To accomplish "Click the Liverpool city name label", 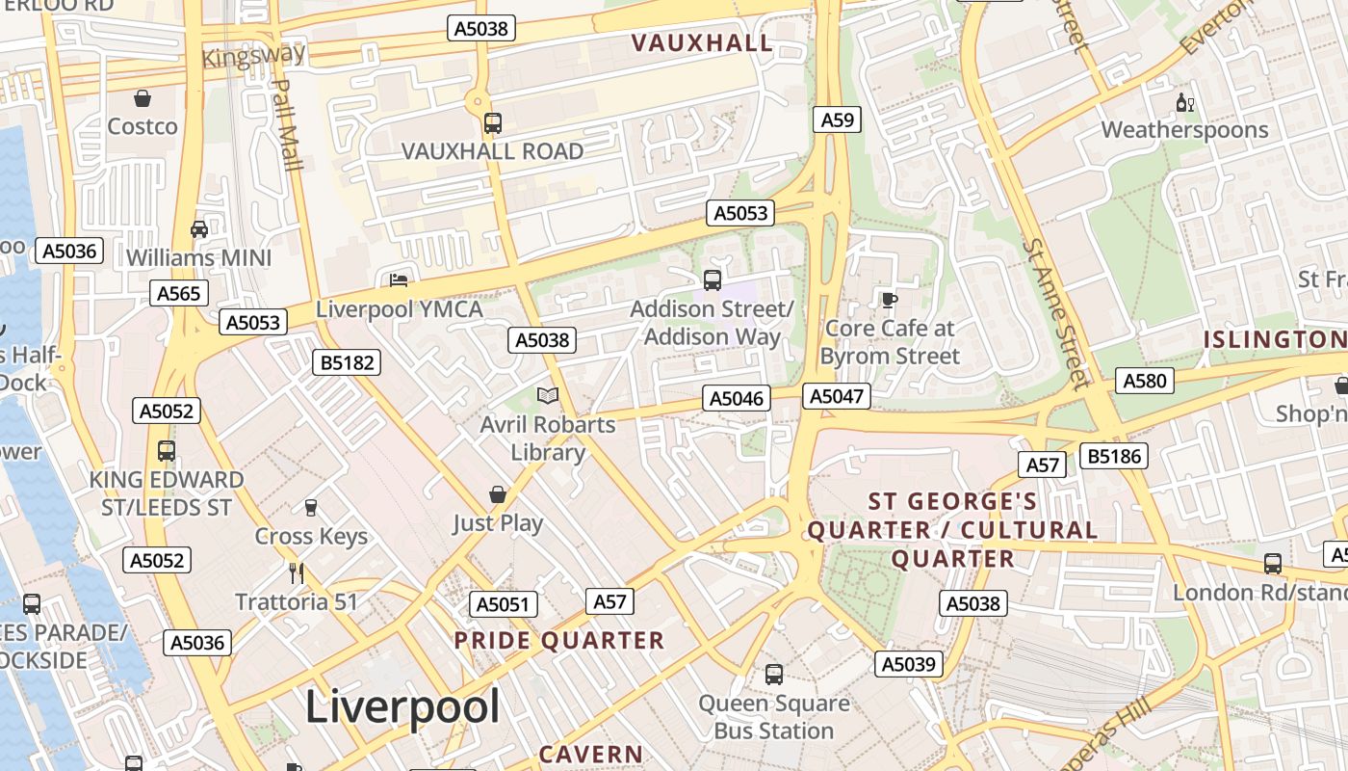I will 402,707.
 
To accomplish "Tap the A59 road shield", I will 836,120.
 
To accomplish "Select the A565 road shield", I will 179,293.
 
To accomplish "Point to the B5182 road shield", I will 347,362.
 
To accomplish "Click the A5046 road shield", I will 737,398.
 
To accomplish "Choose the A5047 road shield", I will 838,395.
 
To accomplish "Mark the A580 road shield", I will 1145,381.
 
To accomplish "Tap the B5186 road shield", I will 1114,456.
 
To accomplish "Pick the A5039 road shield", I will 909,664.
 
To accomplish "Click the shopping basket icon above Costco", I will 143,98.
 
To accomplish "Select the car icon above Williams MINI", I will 199,229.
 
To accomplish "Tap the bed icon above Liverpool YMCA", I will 399,280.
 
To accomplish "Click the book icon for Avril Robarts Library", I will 548,396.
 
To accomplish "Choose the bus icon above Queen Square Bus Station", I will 774,675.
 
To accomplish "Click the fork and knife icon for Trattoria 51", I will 297,573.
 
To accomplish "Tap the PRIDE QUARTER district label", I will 559,641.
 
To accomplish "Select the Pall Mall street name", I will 287,123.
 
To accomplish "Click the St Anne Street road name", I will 1057,313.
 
